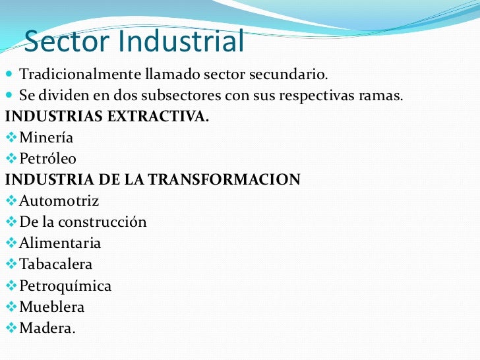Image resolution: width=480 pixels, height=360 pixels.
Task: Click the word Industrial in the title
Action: [181, 42]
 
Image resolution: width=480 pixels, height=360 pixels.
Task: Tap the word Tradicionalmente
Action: [80, 74]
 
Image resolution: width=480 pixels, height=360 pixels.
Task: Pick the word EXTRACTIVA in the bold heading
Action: [161, 117]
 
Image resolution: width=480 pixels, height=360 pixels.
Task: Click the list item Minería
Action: [46, 138]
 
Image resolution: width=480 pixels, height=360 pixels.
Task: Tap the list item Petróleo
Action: [47, 159]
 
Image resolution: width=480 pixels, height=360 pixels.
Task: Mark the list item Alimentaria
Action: [60, 243]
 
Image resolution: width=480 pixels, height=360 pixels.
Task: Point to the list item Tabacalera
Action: [56, 264]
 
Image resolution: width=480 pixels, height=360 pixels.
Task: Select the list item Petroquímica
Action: [65, 286]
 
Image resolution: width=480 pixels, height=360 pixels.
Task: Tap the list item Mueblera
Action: [52, 307]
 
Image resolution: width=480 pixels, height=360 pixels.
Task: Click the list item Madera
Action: [47, 328]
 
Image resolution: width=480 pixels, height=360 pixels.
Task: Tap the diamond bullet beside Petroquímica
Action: [10, 285]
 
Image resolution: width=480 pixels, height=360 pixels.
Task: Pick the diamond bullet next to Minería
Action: [10, 137]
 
